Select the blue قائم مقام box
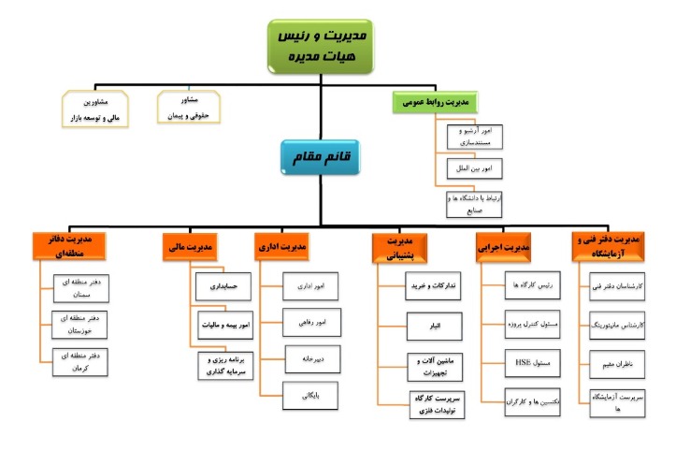[320, 158]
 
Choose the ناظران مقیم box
[615, 359]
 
